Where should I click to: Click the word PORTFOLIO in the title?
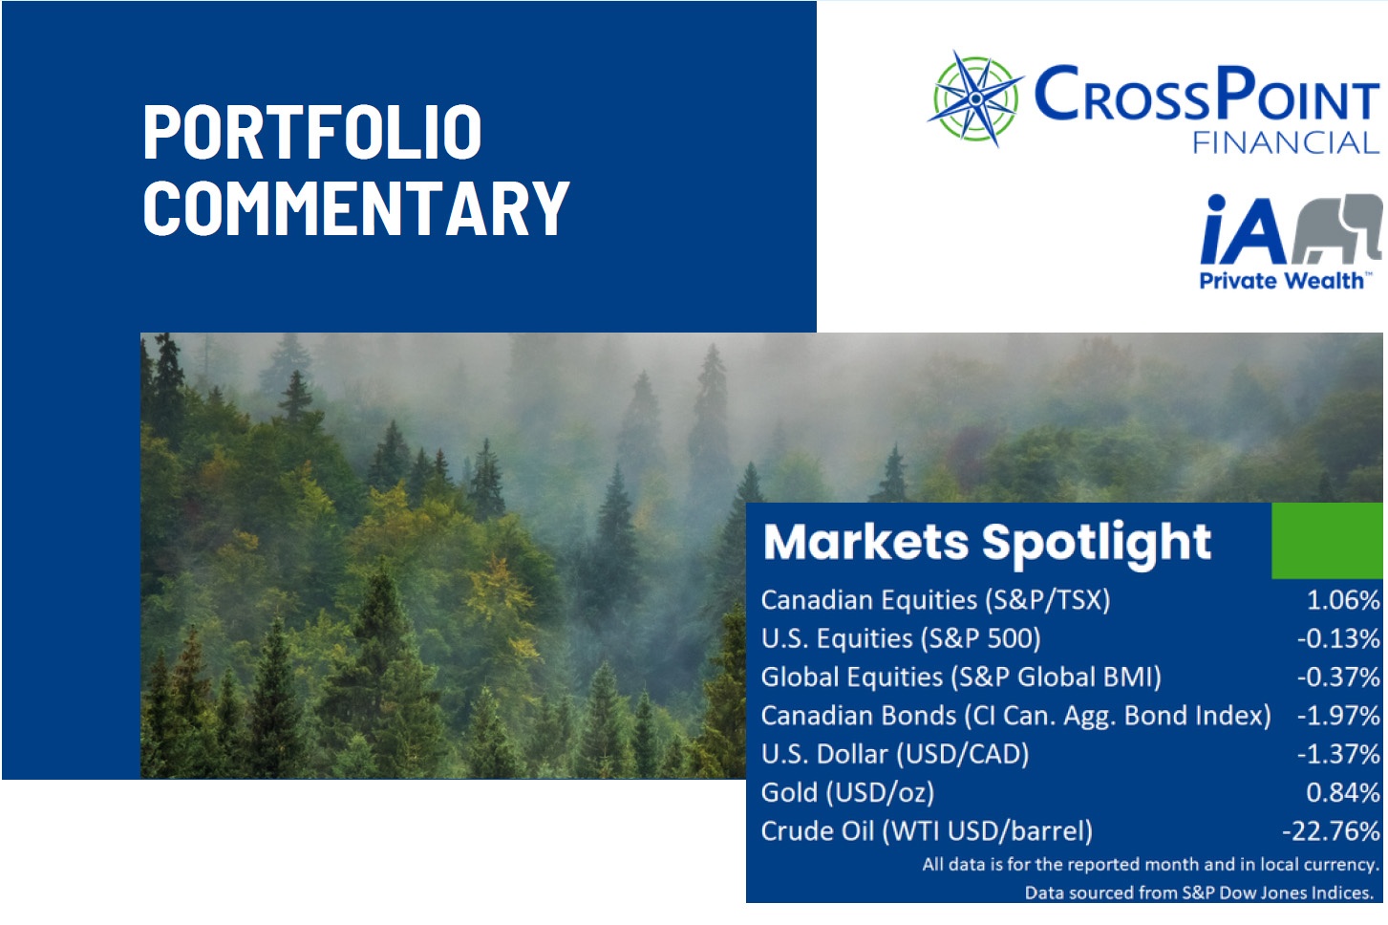coord(312,132)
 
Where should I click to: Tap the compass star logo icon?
coord(975,98)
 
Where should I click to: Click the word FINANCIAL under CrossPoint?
coord(1286,143)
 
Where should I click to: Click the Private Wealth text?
coord(1281,281)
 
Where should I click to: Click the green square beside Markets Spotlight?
coord(1327,540)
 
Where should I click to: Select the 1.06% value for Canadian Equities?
coord(1343,599)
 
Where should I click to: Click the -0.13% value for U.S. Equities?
coord(1338,638)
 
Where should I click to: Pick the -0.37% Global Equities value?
coord(1338,677)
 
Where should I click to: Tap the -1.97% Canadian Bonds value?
coord(1338,716)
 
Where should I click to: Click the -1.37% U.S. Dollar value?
coord(1338,754)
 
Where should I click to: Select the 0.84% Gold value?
coord(1343,792)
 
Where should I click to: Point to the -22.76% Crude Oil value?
coord(1331,830)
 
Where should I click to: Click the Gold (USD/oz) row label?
coord(847,793)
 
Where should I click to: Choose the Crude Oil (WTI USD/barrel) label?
coord(927,831)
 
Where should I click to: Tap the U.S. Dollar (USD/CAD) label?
coord(895,755)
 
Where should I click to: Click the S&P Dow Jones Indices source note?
coord(1200,893)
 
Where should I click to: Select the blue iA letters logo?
coord(1243,229)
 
